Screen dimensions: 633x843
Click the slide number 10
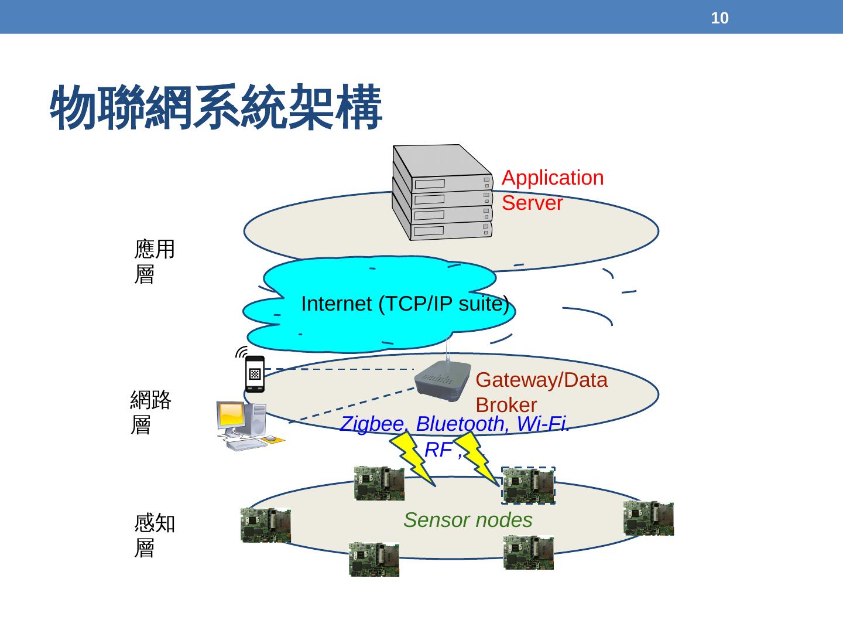(x=719, y=18)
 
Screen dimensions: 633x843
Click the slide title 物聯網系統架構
(x=216, y=108)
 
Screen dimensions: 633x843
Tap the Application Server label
(x=552, y=190)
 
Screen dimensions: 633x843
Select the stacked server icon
(x=443, y=193)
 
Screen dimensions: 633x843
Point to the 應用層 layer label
(x=154, y=261)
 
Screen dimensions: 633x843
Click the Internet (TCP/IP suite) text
(x=405, y=304)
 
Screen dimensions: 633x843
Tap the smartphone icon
(x=255, y=373)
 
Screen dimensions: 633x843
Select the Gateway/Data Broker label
(x=541, y=392)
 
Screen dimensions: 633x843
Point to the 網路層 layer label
(x=150, y=412)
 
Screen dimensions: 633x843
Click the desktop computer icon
(x=243, y=424)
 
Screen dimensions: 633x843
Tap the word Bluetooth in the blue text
(x=460, y=424)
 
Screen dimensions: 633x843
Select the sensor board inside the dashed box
(x=528, y=486)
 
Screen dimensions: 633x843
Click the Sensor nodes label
(x=468, y=520)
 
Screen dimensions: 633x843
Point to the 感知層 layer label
(x=154, y=536)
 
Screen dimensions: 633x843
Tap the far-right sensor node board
(x=648, y=518)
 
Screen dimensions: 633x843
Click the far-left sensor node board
(x=265, y=525)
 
